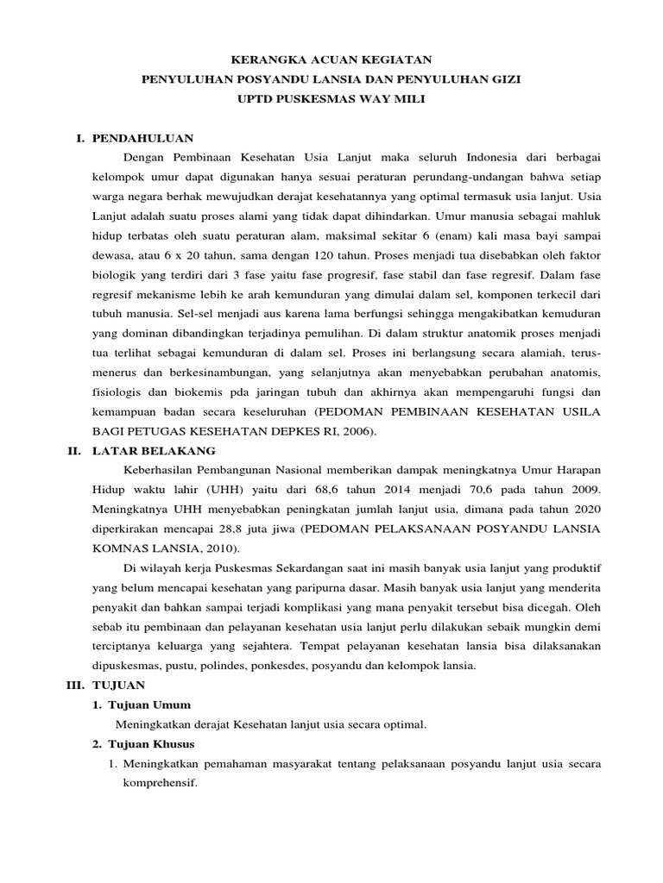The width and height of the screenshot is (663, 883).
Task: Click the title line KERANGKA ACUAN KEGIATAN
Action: pos(331,60)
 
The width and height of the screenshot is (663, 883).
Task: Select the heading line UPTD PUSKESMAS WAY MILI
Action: pos(331,99)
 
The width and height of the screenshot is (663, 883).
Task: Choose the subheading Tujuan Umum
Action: pos(154,705)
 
